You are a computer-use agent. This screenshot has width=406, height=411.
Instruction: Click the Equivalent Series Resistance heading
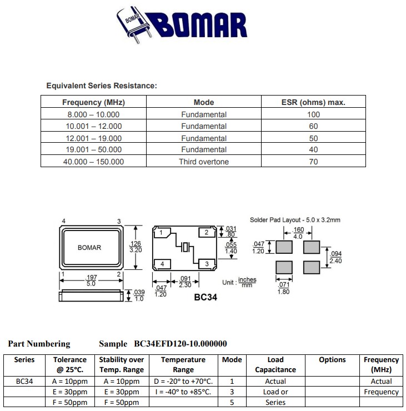tap(102, 86)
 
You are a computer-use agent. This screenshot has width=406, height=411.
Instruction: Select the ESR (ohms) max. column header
tap(313, 102)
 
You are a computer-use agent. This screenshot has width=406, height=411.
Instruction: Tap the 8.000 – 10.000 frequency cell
tap(93, 114)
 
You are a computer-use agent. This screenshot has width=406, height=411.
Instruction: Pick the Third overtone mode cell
tap(203, 162)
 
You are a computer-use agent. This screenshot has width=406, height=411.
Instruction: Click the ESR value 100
tap(313, 114)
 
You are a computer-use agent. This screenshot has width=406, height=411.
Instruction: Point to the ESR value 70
tap(313, 162)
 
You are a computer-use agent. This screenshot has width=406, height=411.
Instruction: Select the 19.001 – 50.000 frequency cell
tap(93, 149)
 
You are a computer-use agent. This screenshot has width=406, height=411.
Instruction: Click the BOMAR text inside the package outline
tap(89, 247)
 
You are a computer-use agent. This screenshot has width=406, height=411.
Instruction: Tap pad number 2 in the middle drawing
tap(207, 232)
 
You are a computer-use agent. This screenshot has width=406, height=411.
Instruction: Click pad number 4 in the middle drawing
tap(162, 263)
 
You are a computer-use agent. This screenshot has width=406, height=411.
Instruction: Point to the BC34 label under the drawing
tap(205, 297)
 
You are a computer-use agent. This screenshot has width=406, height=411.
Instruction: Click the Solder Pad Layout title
tap(295, 220)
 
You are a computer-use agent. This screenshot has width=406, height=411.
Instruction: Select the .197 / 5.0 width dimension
tap(91, 280)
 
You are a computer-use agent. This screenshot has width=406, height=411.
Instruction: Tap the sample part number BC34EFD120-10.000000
tap(181, 344)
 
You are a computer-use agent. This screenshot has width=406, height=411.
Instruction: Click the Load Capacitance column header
tap(275, 364)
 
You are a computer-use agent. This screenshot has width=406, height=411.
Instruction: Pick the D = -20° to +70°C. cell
tap(183, 382)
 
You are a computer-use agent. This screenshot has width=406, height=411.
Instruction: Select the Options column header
tap(332, 360)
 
